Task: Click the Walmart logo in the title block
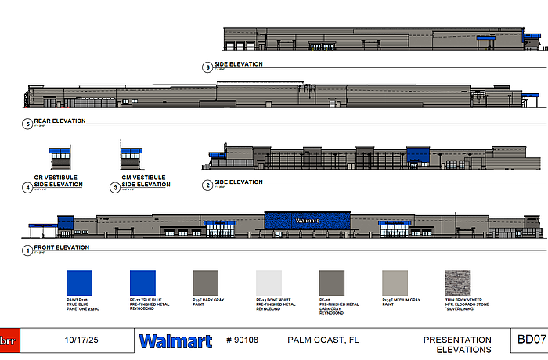tap(175, 341)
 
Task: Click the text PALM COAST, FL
tap(323, 340)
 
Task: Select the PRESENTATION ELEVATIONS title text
tap(458, 344)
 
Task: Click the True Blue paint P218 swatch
tap(79, 283)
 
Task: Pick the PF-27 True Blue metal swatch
tap(142, 283)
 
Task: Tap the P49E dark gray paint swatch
tap(205, 283)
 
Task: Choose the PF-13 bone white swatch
tap(269, 283)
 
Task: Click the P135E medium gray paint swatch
tap(395, 283)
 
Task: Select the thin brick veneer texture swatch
tap(457, 283)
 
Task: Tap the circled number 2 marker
tap(207, 185)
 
